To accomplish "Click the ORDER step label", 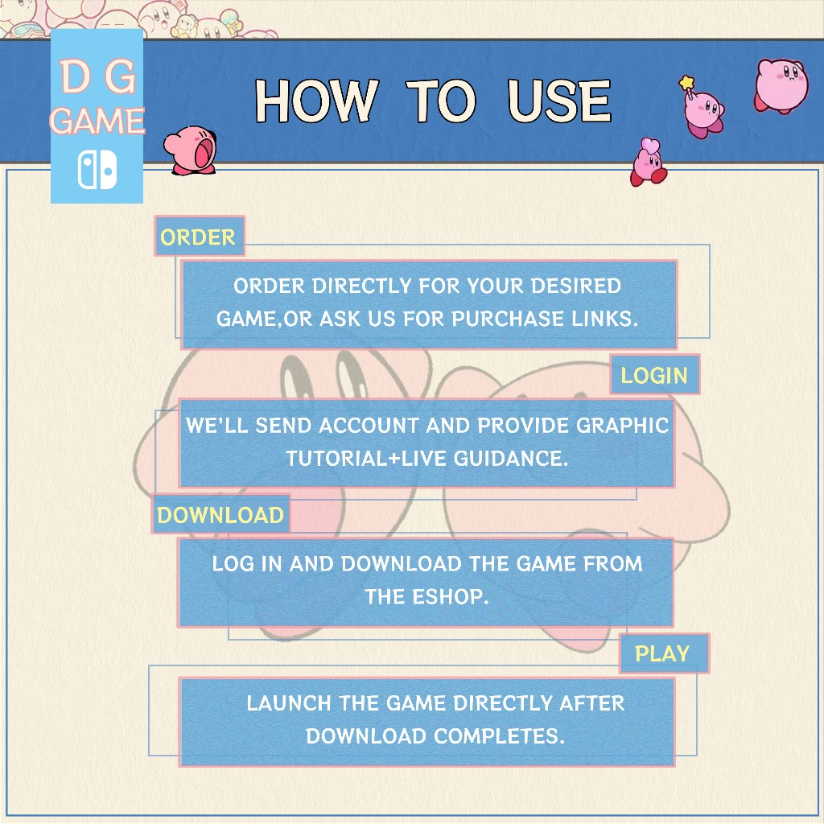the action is coord(200,237).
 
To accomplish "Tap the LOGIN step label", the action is coord(655,375).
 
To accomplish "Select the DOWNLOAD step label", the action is coord(220,514).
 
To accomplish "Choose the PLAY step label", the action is coord(664,653).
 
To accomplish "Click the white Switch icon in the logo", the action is coord(97,170).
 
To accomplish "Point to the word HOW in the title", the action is coord(316,101).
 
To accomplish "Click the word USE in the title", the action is coord(559,101).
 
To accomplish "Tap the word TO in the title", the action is coord(441,101).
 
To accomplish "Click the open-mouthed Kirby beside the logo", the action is coord(190,150).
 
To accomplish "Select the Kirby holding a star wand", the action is coord(702,109).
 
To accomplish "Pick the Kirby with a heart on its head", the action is coord(649,162).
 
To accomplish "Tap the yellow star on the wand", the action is coord(686,83).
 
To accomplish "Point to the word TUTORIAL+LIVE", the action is coord(367,458).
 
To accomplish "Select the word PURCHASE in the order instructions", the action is coord(509,319).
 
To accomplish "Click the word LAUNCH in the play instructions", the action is coord(289,702).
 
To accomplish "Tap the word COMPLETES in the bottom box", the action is coord(499,735).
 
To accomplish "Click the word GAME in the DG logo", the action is coord(97,121).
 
